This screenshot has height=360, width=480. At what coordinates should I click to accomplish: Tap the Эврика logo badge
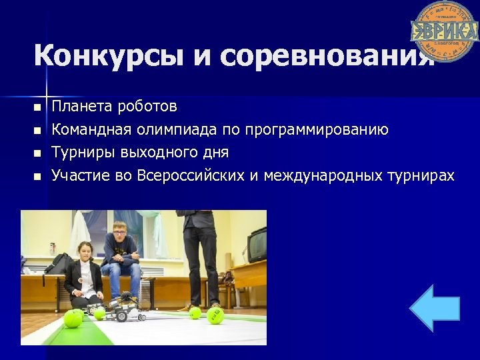pos(443,31)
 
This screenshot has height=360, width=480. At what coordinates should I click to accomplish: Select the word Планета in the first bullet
pos(83,107)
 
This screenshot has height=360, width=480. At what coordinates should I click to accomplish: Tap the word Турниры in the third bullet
pos(85,153)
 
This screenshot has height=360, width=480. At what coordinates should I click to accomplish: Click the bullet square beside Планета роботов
pos(37,107)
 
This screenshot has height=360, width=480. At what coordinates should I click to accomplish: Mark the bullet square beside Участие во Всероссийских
pos(37,177)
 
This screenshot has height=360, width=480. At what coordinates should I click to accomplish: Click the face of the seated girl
pos(86,253)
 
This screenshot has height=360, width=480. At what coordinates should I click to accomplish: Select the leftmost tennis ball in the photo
pos(71,320)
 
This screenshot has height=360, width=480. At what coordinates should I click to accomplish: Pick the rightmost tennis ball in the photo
pos(215,315)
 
